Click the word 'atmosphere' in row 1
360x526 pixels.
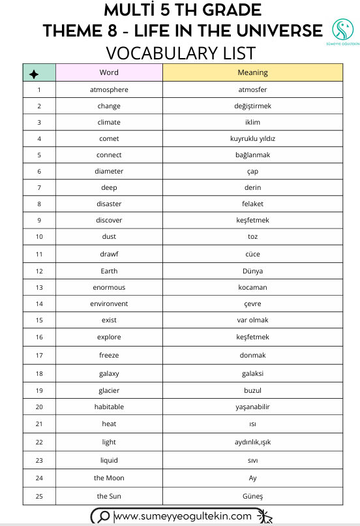tap(109, 89)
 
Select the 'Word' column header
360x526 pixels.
tap(109, 72)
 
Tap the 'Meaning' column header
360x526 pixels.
tap(252, 72)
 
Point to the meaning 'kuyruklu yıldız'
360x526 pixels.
tap(252, 138)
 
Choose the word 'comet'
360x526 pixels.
tap(109, 138)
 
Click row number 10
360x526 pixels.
tap(39, 236)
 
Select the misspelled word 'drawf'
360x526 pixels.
tap(109, 254)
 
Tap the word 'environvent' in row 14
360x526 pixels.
tap(109, 303)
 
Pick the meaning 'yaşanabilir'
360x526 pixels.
tap(252, 407)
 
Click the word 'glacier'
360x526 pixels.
tap(109, 390)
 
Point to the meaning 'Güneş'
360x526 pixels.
tap(252, 496)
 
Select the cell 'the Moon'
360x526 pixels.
tap(109, 478)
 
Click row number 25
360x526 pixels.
tap(39, 496)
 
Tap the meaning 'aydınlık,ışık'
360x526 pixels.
tap(252, 442)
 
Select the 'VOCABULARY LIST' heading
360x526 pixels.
tap(181, 52)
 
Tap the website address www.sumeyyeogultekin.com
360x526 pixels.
tap(183, 516)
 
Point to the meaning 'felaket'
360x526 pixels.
tap(252, 204)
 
